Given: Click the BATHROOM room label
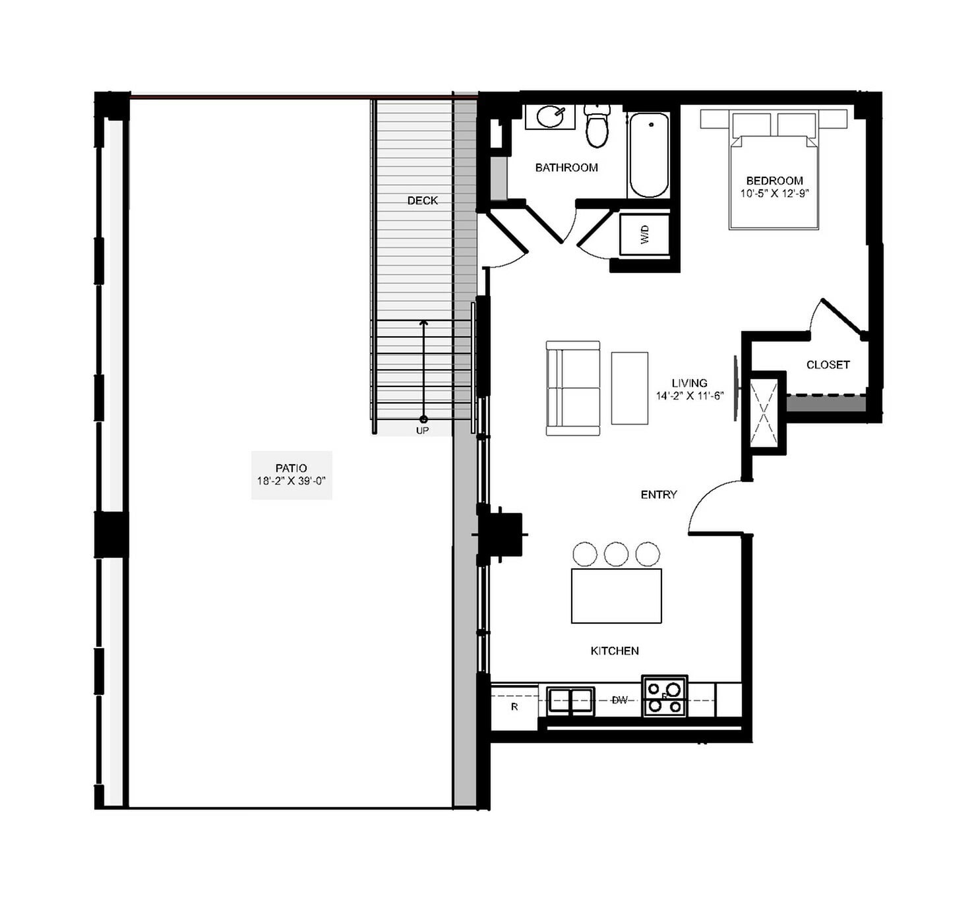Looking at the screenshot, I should pyautogui.click(x=566, y=167).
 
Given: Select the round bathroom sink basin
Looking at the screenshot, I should pyautogui.click(x=550, y=117).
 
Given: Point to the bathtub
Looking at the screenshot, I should pyautogui.click(x=648, y=156).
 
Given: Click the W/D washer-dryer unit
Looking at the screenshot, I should pyautogui.click(x=644, y=234).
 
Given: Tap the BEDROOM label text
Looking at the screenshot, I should pyautogui.click(x=774, y=181).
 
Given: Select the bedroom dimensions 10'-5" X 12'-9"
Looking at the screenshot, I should pyautogui.click(x=774, y=194).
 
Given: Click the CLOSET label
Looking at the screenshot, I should pyautogui.click(x=828, y=365).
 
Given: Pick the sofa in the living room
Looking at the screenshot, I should pyautogui.click(x=573, y=388).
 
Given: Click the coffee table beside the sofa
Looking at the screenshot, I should pyautogui.click(x=629, y=388).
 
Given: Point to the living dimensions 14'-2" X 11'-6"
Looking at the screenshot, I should pyautogui.click(x=690, y=396).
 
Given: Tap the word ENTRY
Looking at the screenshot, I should pyautogui.click(x=659, y=495).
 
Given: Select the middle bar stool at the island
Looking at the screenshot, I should pyautogui.click(x=616, y=554).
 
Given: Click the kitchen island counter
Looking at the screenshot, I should pyautogui.click(x=616, y=595).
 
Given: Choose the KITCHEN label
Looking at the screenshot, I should pyautogui.click(x=615, y=651).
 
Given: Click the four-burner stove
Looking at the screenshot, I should pyautogui.click(x=665, y=696).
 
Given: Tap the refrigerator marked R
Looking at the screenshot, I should pyautogui.click(x=514, y=707).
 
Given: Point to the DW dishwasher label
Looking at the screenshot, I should pyautogui.click(x=619, y=700).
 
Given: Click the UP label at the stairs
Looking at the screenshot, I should pyautogui.click(x=422, y=431).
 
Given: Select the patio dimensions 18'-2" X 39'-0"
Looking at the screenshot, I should pyautogui.click(x=291, y=481).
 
